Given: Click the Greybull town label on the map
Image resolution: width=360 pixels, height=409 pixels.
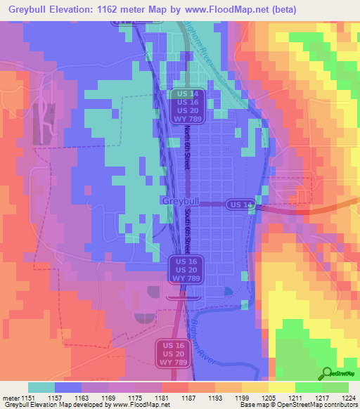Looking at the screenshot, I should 176,201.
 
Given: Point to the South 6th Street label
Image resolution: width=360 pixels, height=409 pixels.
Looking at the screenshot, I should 188,231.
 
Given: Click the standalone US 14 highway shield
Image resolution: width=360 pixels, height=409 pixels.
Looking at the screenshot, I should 240,204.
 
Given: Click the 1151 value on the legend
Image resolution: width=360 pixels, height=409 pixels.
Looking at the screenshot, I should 28,398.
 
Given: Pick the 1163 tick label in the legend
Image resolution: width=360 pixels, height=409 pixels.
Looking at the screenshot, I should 82,398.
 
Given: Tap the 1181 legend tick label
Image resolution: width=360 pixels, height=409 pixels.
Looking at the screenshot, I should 162,398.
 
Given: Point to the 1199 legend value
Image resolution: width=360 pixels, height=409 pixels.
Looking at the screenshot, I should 242,398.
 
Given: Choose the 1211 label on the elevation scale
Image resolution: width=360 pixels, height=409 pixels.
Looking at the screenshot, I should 295,398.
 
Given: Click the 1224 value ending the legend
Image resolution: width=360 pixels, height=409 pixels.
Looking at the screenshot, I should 347,398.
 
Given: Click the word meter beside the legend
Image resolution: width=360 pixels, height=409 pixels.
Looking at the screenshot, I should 11,398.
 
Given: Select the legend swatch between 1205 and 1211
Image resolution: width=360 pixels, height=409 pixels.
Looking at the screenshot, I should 282,387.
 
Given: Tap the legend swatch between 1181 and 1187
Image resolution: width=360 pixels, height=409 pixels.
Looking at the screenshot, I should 175,387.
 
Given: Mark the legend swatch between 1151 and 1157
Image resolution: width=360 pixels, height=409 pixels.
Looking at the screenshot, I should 41,387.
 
